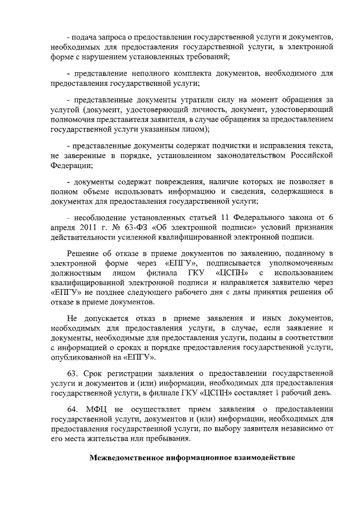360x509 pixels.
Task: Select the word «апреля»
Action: pyautogui.click(x=61, y=228)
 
